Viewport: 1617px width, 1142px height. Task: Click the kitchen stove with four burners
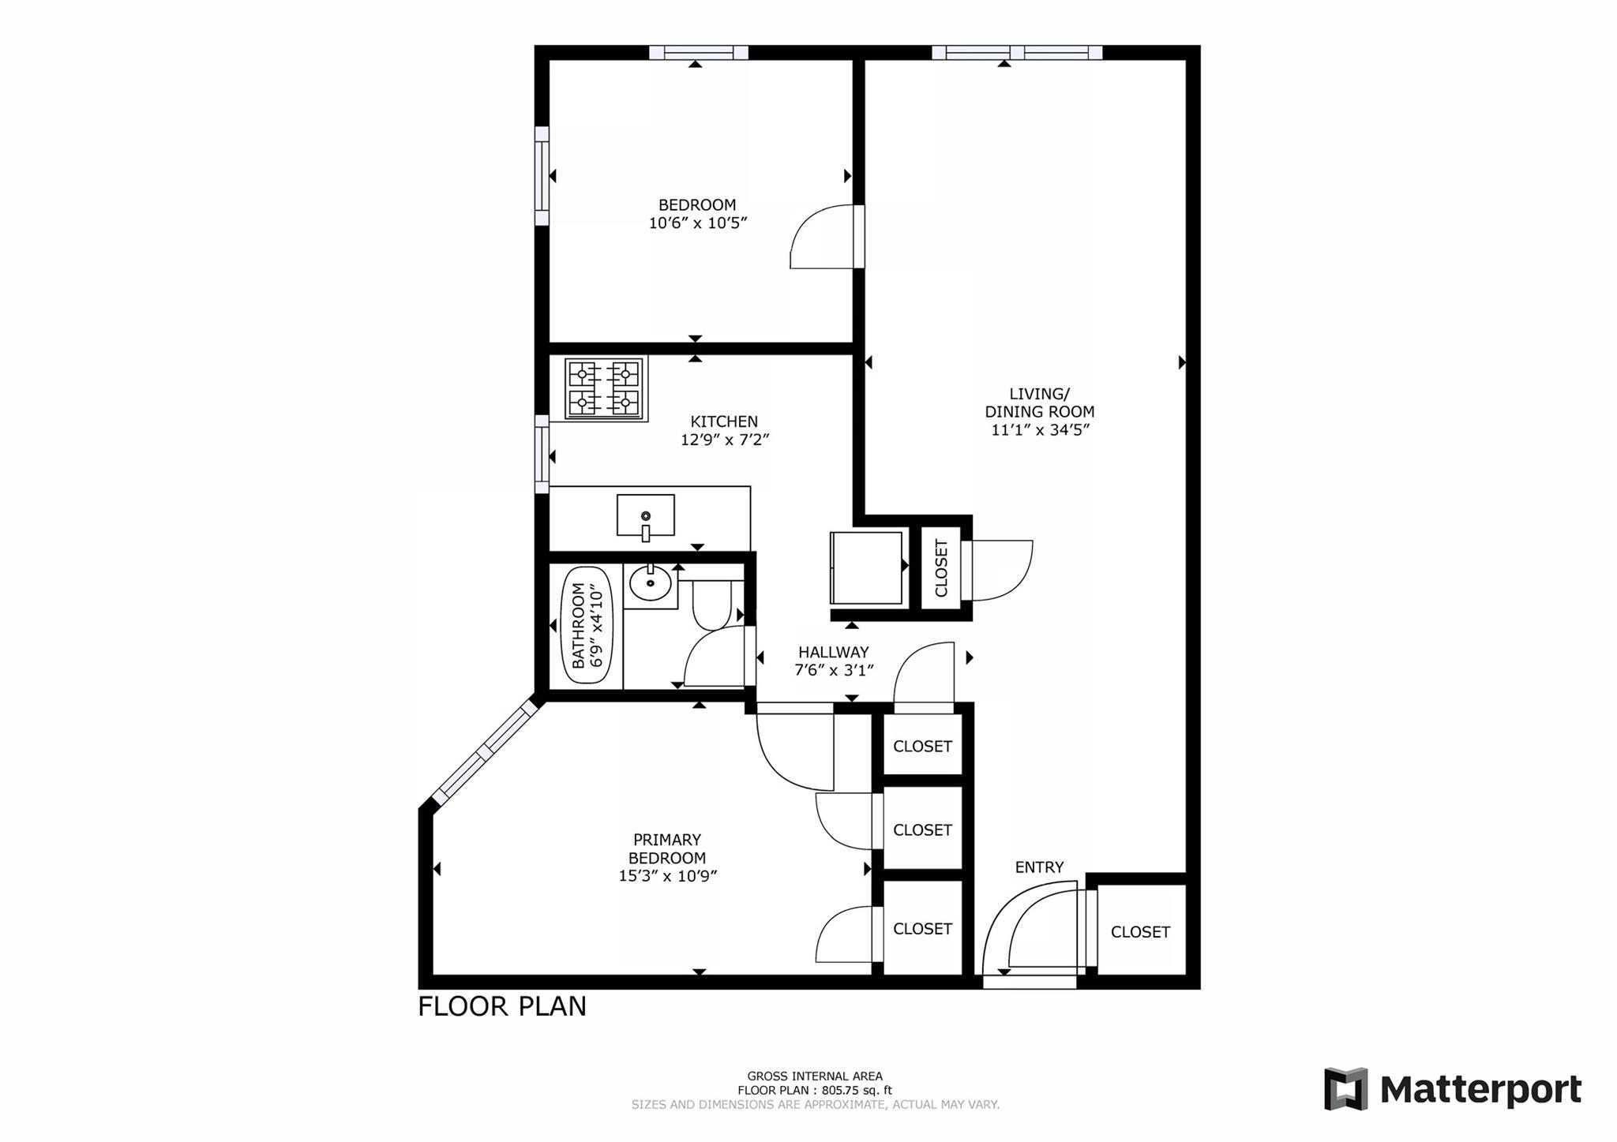click(x=605, y=388)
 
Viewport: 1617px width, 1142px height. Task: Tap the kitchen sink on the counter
click(x=645, y=515)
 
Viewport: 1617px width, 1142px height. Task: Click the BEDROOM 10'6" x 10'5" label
click(x=697, y=214)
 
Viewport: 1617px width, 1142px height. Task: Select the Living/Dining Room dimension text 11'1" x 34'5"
click(x=1040, y=430)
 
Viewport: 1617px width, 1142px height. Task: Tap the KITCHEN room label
click(x=724, y=422)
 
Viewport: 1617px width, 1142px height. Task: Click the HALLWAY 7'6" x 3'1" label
click(x=833, y=661)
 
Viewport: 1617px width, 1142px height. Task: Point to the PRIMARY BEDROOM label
click(x=667, y=849)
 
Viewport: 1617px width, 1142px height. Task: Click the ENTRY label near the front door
click(x=1039, y=867)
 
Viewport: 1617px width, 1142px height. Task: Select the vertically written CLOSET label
click(x=941, y=568)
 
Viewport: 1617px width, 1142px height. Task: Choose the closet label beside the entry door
click(x=1139, y=932)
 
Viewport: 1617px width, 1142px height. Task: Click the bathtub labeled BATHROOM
click(x=587, y=625)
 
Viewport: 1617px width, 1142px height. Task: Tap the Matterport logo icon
click(x=1346, y=1089)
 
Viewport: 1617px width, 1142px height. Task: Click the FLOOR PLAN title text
click(x=501, y=1007)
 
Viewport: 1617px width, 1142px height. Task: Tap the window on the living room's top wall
click(x=1016, y=53)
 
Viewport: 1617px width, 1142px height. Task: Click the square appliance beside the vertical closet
click(x=865, y=567)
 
